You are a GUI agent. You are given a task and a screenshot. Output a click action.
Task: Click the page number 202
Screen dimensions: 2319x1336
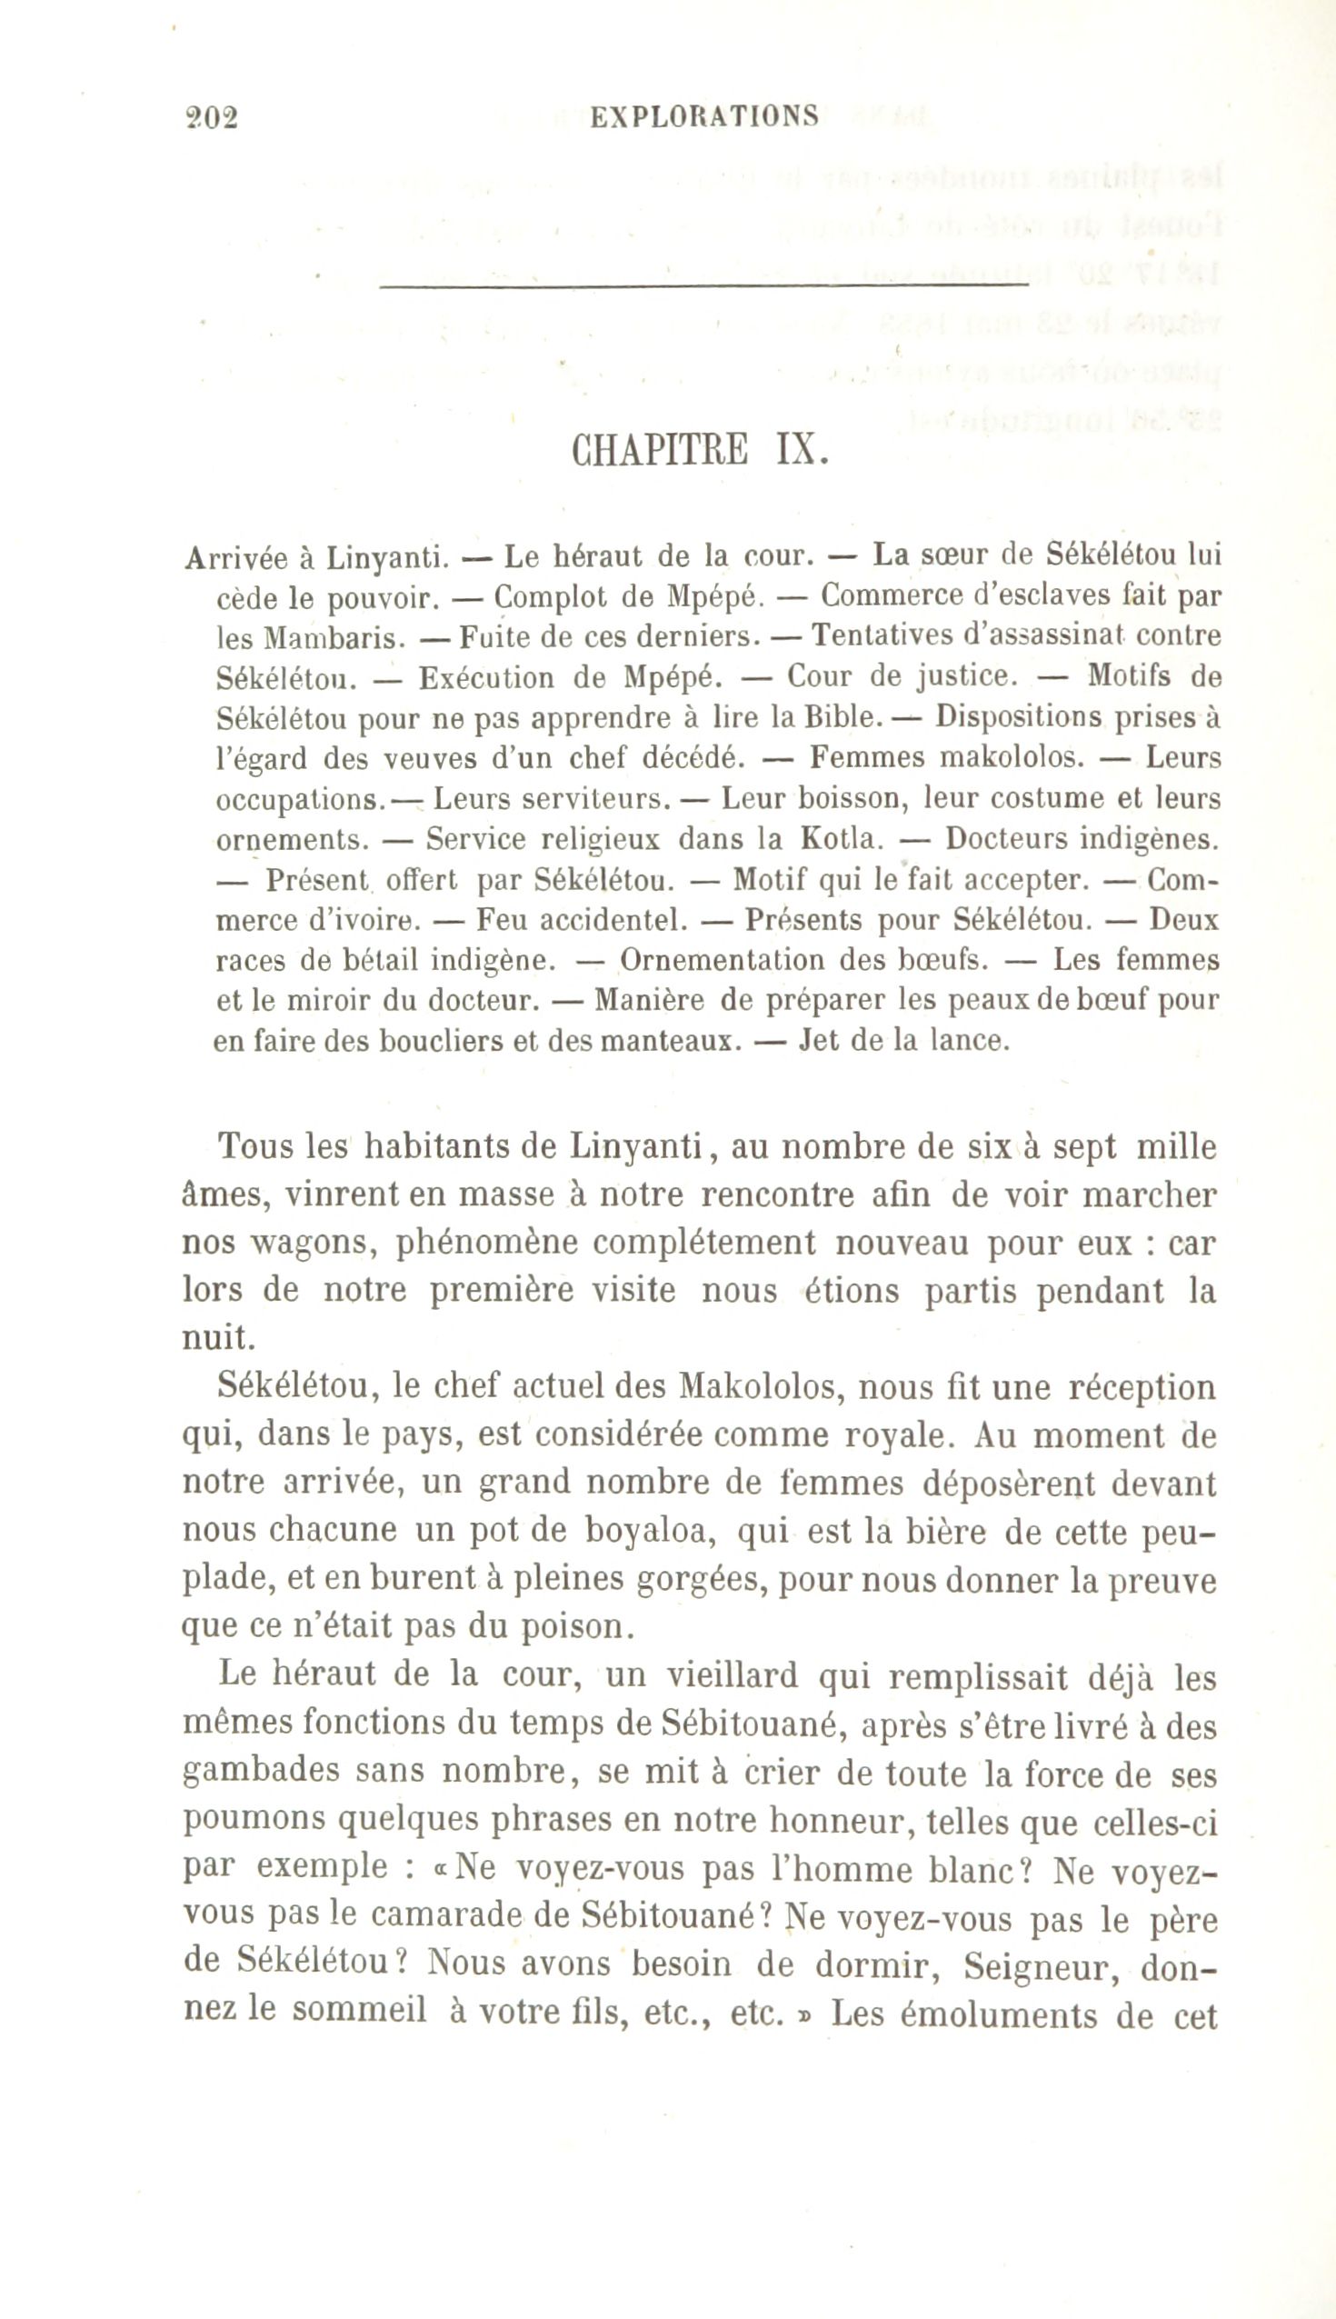click(x=211, y=118)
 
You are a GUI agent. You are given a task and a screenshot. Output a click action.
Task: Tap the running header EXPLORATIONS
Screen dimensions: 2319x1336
click(x=703, y=116)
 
